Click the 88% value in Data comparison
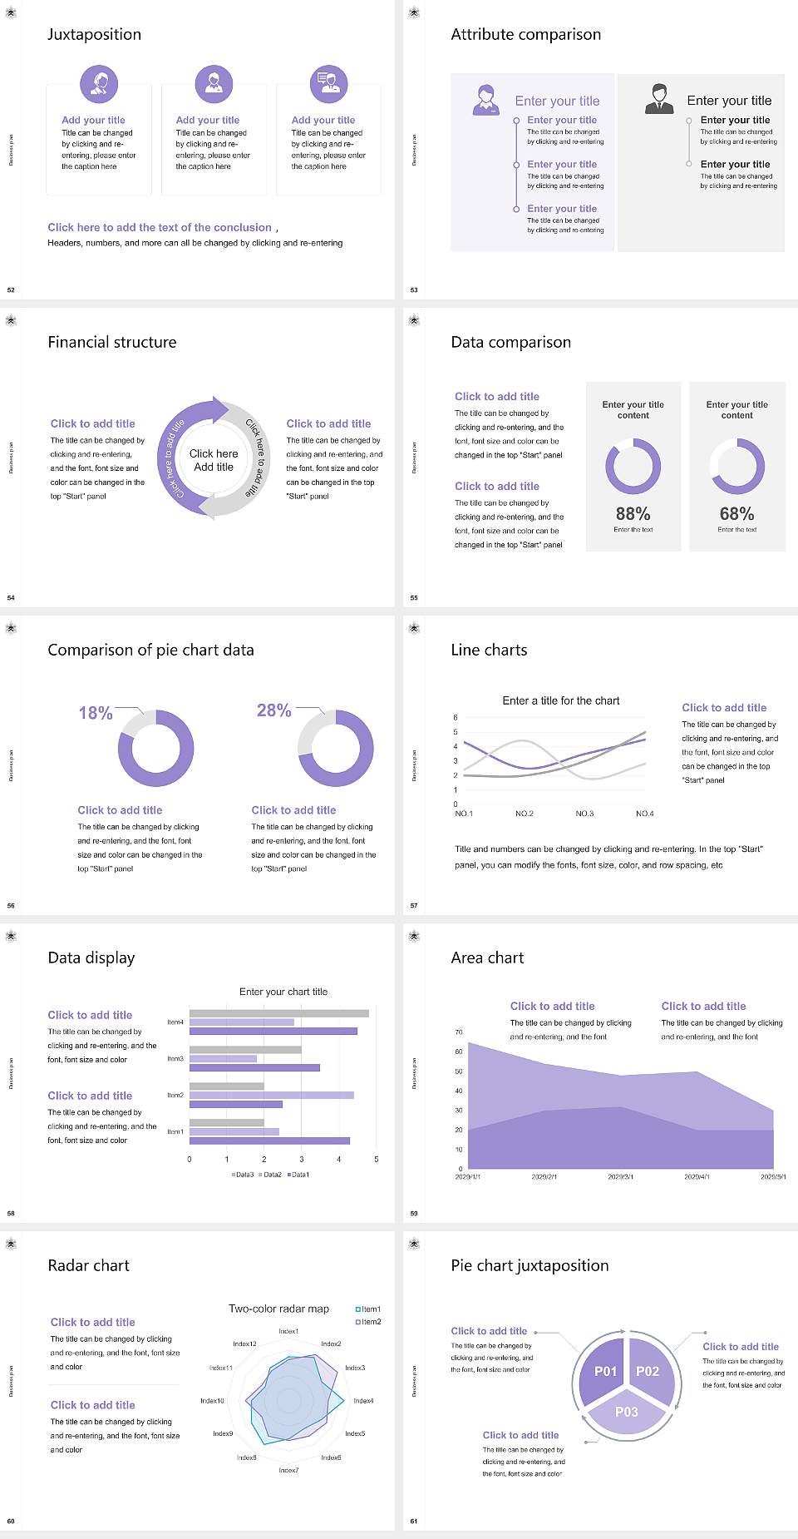tap(633, 514)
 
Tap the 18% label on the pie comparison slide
tap(96, 713)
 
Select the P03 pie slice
tap(627, 1412)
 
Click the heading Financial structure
tap(112, 342)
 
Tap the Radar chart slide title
tap(89, 1265)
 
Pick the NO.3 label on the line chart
tap(584, 814)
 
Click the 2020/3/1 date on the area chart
tap(620, 1177)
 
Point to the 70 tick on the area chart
tap(459, 1032)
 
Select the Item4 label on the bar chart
tap(175, 1022)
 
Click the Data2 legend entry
tap(271, 1175)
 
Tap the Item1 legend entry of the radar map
tap(369, 1309)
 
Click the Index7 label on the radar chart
tap(288, 1470)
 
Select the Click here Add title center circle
tap(214, 460)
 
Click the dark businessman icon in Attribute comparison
tap(659, 99)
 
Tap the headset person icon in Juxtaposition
tap(99, 83)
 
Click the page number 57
tap(414, 905)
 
